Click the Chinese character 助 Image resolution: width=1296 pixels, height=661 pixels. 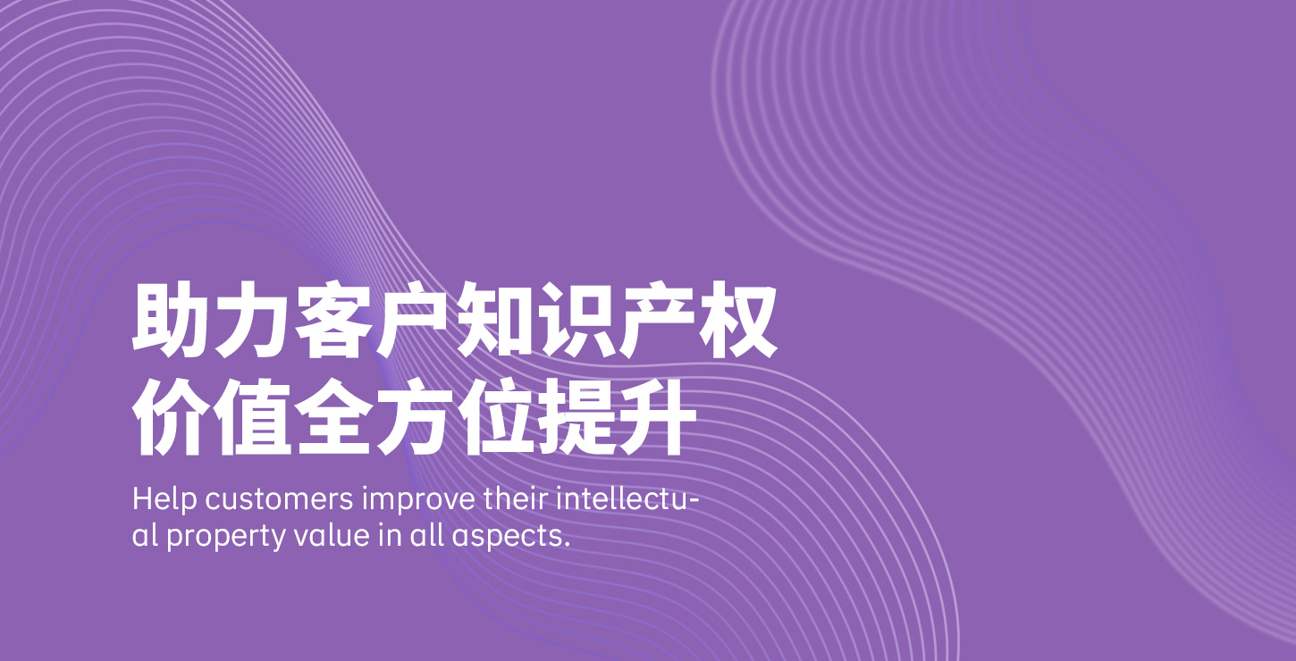point(170,319)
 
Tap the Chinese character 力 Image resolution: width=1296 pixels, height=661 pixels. point(251,319)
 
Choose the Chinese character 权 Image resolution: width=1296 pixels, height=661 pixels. point(739,319)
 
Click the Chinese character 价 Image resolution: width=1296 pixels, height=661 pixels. point(170,417)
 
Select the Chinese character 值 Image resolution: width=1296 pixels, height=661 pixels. point(251,417)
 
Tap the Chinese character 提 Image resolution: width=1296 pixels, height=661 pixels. point(576,417)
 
